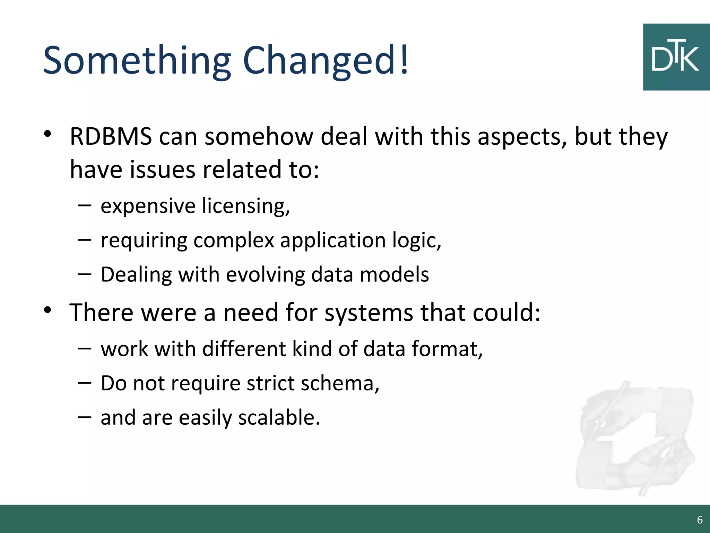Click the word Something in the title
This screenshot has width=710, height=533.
[137, 61]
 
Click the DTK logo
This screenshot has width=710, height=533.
[676, 57]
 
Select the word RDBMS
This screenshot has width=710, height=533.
[111, 136]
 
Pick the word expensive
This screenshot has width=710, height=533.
[148, 206]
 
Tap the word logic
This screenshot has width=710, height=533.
[416, 240]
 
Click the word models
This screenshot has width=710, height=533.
[394, 274]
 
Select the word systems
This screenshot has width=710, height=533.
[369, 313]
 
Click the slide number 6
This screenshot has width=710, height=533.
[700, 520]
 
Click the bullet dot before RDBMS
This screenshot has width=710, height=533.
[48, 134]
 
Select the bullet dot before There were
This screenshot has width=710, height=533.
[48, 310]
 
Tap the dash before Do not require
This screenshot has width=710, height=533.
[85, 383]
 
